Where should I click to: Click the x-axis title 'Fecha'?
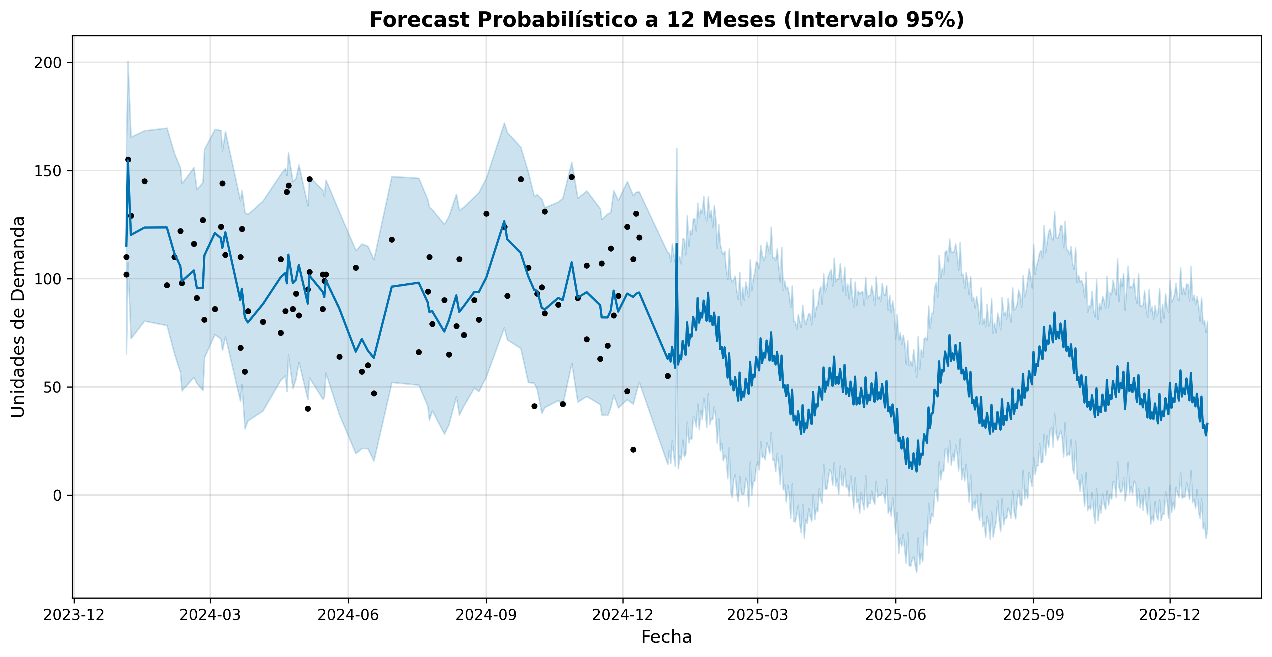[x=666, y=637]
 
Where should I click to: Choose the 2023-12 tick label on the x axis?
[x=74, y=615]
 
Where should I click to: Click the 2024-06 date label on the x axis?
[x=348, y=615]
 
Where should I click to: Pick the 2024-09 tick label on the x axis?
[x=486, y=615]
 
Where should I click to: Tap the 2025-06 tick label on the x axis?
[x=896, y=615]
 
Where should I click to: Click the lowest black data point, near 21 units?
[x=633, y=450]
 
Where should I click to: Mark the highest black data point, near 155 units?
[x=128, y=159]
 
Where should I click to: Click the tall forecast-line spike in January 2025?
[x=677, y=244]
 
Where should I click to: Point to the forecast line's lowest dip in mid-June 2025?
[x=916, y=471]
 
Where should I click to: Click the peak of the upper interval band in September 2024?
[x=504, y=123]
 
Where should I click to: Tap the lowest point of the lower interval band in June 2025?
[x=916, y=572]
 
